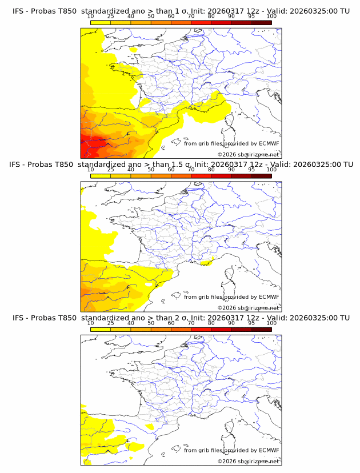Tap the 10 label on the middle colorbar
(x=90, y=169)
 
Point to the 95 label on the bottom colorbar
(x=251, y=323)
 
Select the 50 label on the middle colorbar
(x=151, y=169)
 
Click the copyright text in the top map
(x=248, y=154)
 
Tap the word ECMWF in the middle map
(x=269, y=296)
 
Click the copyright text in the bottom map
(x=248, y=462)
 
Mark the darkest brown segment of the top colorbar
(x=261, y=22)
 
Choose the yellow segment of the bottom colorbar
(x=100, y=329)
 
